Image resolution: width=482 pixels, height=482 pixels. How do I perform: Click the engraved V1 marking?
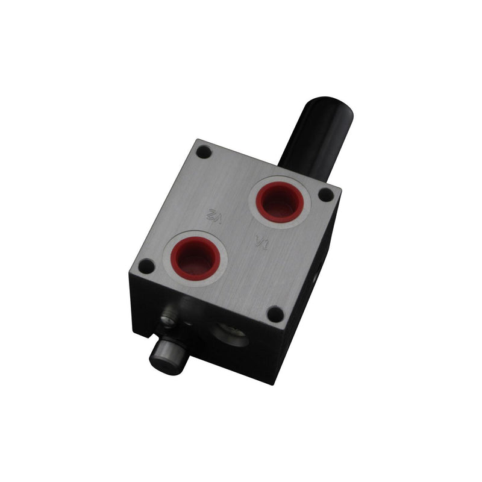click(262, 242)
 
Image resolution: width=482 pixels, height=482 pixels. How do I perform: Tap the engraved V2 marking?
click(214, 214)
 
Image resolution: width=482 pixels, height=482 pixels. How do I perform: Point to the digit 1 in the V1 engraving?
click(266, 245)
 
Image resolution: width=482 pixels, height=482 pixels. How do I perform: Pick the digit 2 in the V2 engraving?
click(211, 213)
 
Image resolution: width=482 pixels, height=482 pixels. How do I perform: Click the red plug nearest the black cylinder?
click(280, 202)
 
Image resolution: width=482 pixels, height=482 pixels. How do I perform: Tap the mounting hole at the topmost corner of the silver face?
click(204, 152)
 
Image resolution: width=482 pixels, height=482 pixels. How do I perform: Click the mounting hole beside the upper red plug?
click(326, 195)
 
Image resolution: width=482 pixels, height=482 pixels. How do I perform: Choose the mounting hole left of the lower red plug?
click(146, 266)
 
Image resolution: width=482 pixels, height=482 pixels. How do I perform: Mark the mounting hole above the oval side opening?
click(275, 314)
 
